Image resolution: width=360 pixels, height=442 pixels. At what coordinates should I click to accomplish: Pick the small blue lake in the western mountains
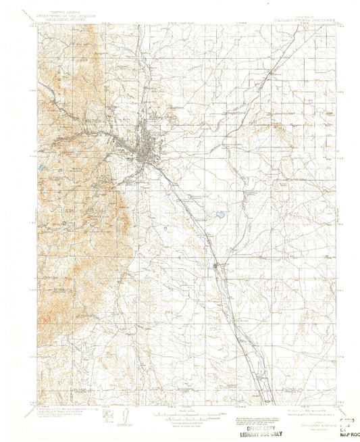click(39, 170)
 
